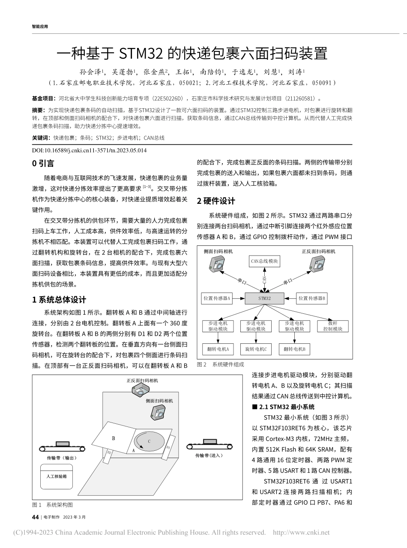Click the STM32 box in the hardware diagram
click(x=265, y=298)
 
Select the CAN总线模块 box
click(x=264, y=261)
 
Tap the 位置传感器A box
click(x=217, y=298)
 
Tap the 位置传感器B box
click(x=312, y=298)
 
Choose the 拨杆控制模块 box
click(x=333, y=326)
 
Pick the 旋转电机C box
click(x=256, y=349)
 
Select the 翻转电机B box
click(x=294, y=349)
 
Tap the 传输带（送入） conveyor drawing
click(x=209, y=445)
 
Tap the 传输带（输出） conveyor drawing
click(x=63, y=447)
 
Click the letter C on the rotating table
click(x=149, y=440)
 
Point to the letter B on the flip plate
click(x=114, y=438)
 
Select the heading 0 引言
click(x=43, y=163)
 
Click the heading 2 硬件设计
click(x=216, y=201)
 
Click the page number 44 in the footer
click(x=36, y=517)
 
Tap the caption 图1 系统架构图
click(x=52, y=505)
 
